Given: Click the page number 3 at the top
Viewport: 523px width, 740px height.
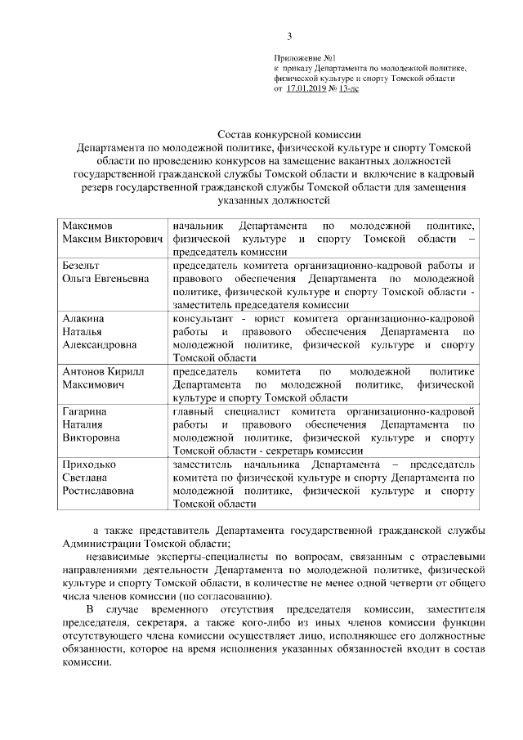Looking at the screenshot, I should [288, 35].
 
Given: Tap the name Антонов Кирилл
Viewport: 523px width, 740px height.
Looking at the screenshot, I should [103, 371].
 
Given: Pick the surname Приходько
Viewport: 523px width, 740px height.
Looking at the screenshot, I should [89, 464].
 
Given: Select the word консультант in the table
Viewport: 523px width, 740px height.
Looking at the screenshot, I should [205, 317].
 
